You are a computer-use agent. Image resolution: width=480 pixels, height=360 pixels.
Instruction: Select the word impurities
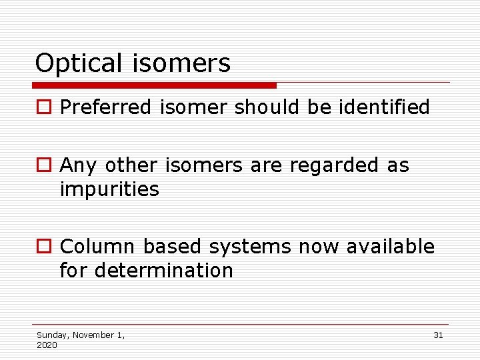(109, 190)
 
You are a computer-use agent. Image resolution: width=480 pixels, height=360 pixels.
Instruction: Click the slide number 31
(438, 335)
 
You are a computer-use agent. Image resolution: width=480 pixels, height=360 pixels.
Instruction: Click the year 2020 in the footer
(47, 345)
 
